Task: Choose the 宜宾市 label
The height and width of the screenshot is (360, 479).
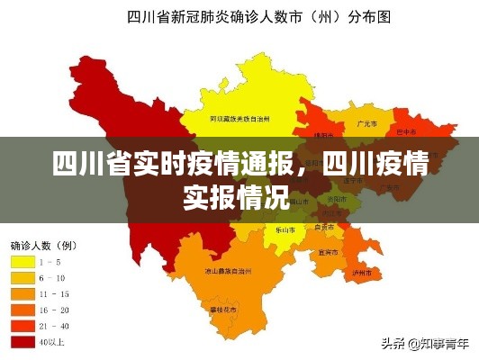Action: click(x=327, y=253)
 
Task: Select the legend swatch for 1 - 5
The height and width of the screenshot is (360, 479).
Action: click(x=23, y=262)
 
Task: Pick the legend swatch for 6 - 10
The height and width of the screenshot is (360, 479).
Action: click(x=23, y=278)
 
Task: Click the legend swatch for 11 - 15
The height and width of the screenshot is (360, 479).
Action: click(x=23, y=294)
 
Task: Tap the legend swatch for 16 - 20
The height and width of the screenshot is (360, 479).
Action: click(x=23, y=310)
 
